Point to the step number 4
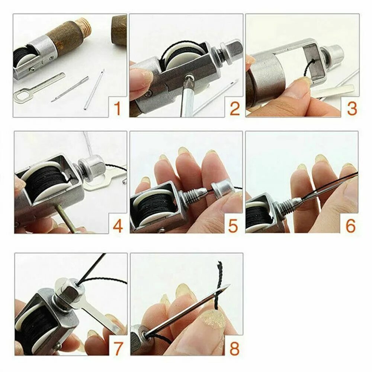pyautogui.click(x=118, y=226)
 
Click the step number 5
pyautogui.click(x=233, y=226)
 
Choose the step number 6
pyautogui.click(x=350, y=226)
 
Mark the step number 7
pyautogui.click(x=118, y=348)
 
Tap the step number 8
pyautogui.click(x=234, y=348)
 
